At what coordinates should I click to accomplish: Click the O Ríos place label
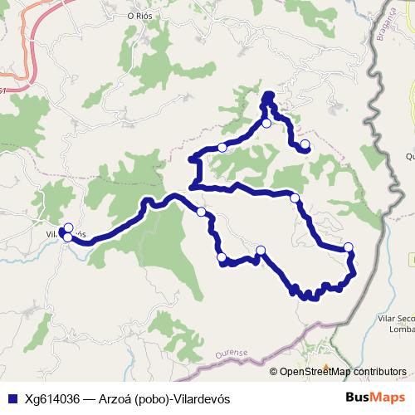143,15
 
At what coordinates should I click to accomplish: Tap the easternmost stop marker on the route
349,247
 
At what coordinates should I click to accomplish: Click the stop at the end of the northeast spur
305,144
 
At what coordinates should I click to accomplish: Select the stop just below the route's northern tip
266,123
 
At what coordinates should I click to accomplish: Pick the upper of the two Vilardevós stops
68,228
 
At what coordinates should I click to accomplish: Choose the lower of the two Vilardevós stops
67,237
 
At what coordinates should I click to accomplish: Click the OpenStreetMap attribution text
342,372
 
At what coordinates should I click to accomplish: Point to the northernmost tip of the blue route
268,95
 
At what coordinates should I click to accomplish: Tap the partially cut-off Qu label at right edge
410,155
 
